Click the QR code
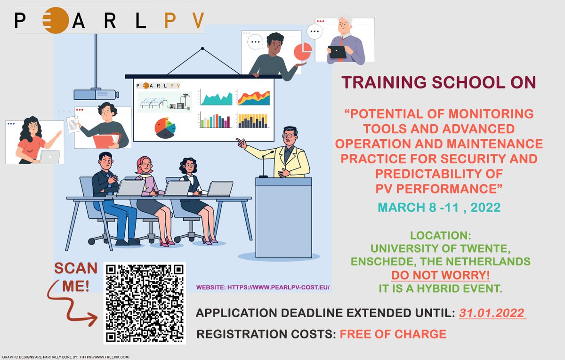pos(145,303)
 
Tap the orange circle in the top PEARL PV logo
pos(56,20)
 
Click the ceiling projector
pos(96,94)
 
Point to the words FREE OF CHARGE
pos(393,334)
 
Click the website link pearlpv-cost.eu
pos(278,288)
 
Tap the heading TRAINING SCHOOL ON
pos(439,82)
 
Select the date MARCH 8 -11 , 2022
pos(439,208)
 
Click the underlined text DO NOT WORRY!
pos(440,275)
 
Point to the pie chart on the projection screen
pos(165,128)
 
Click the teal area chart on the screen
pos(217,98)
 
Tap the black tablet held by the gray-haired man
pos(338,52)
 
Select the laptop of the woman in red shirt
pos(50,157)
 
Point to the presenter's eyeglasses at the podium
pos(289,136)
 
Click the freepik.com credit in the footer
pos(105,357)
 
